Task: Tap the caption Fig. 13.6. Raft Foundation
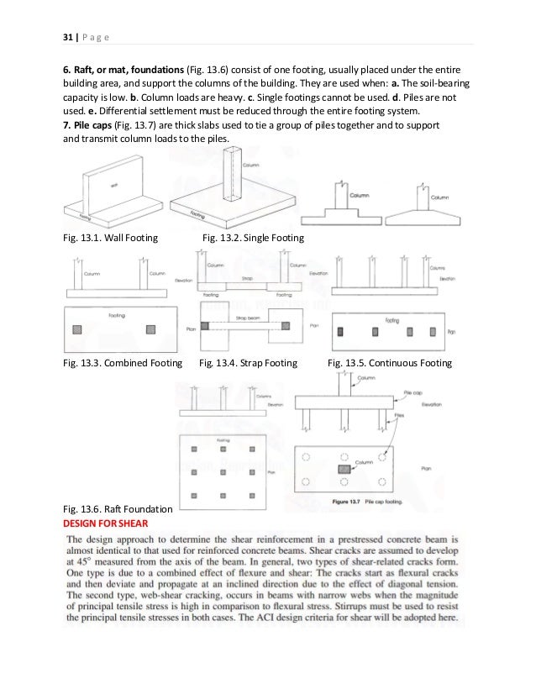click(x=118, y=510)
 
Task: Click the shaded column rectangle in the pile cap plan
click(x=344, y=467)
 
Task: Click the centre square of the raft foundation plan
click(x=224, y=473)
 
